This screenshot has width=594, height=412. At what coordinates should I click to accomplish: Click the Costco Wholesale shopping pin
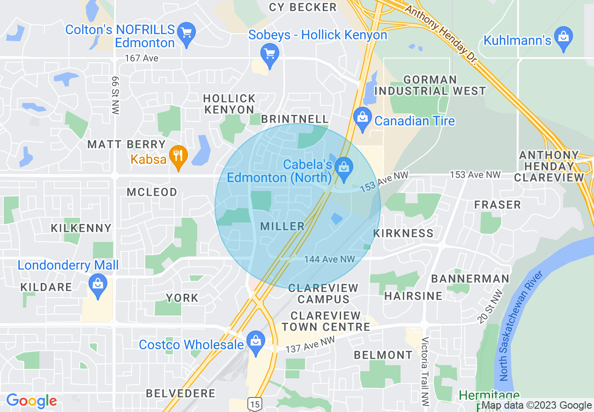(255, 343)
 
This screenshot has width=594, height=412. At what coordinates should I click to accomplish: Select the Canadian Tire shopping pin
(362, 119)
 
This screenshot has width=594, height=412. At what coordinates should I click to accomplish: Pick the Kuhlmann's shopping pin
(563, 39)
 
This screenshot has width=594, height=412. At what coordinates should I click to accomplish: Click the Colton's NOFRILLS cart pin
(187, 34)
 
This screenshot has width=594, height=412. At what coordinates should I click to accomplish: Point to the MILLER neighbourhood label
(282, 227)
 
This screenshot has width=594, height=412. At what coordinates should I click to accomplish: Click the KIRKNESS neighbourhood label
(403, 233)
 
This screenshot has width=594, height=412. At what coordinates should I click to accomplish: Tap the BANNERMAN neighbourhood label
(470, 279)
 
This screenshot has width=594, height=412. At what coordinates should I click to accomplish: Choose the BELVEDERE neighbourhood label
(181, 393)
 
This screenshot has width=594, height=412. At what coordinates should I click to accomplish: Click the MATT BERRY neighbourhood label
(127, 144)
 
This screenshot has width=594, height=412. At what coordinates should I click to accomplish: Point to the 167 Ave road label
(141, 59)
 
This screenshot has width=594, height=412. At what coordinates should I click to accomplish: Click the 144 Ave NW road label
(329, 259)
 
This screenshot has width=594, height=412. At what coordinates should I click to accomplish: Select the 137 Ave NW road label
(311, 345)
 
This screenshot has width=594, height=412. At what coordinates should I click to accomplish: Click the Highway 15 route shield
(254, 404)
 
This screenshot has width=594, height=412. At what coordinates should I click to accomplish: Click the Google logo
(31, 401)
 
